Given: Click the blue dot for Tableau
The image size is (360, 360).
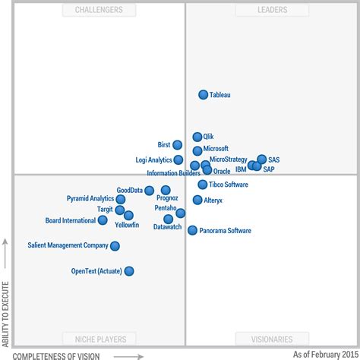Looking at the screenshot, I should [x=204, y=95].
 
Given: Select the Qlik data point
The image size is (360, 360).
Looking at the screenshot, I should [x=197, y=137].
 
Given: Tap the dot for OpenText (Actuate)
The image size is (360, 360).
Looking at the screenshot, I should [x=129, y=271].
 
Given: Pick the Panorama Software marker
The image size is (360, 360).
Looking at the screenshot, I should [x=192, y=230].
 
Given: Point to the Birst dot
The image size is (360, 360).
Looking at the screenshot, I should [x=177, y=145].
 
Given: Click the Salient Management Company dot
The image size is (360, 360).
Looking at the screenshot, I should [x=115, y=246].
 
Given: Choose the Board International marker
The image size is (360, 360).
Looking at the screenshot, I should [x=103, y=220].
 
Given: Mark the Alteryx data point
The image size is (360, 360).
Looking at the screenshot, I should [x=197, y=200].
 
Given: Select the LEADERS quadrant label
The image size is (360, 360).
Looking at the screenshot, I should [x=261, y=10].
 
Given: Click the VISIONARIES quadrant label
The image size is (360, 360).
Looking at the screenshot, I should [x=261, y=339].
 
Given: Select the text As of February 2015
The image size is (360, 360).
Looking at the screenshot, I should [x=325, y=354].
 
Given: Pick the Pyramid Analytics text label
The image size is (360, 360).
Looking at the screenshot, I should [x=90, y=199].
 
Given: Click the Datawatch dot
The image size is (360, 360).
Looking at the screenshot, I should [x=168, y=219].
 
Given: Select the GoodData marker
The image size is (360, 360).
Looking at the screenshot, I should [x=150, y=191].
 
